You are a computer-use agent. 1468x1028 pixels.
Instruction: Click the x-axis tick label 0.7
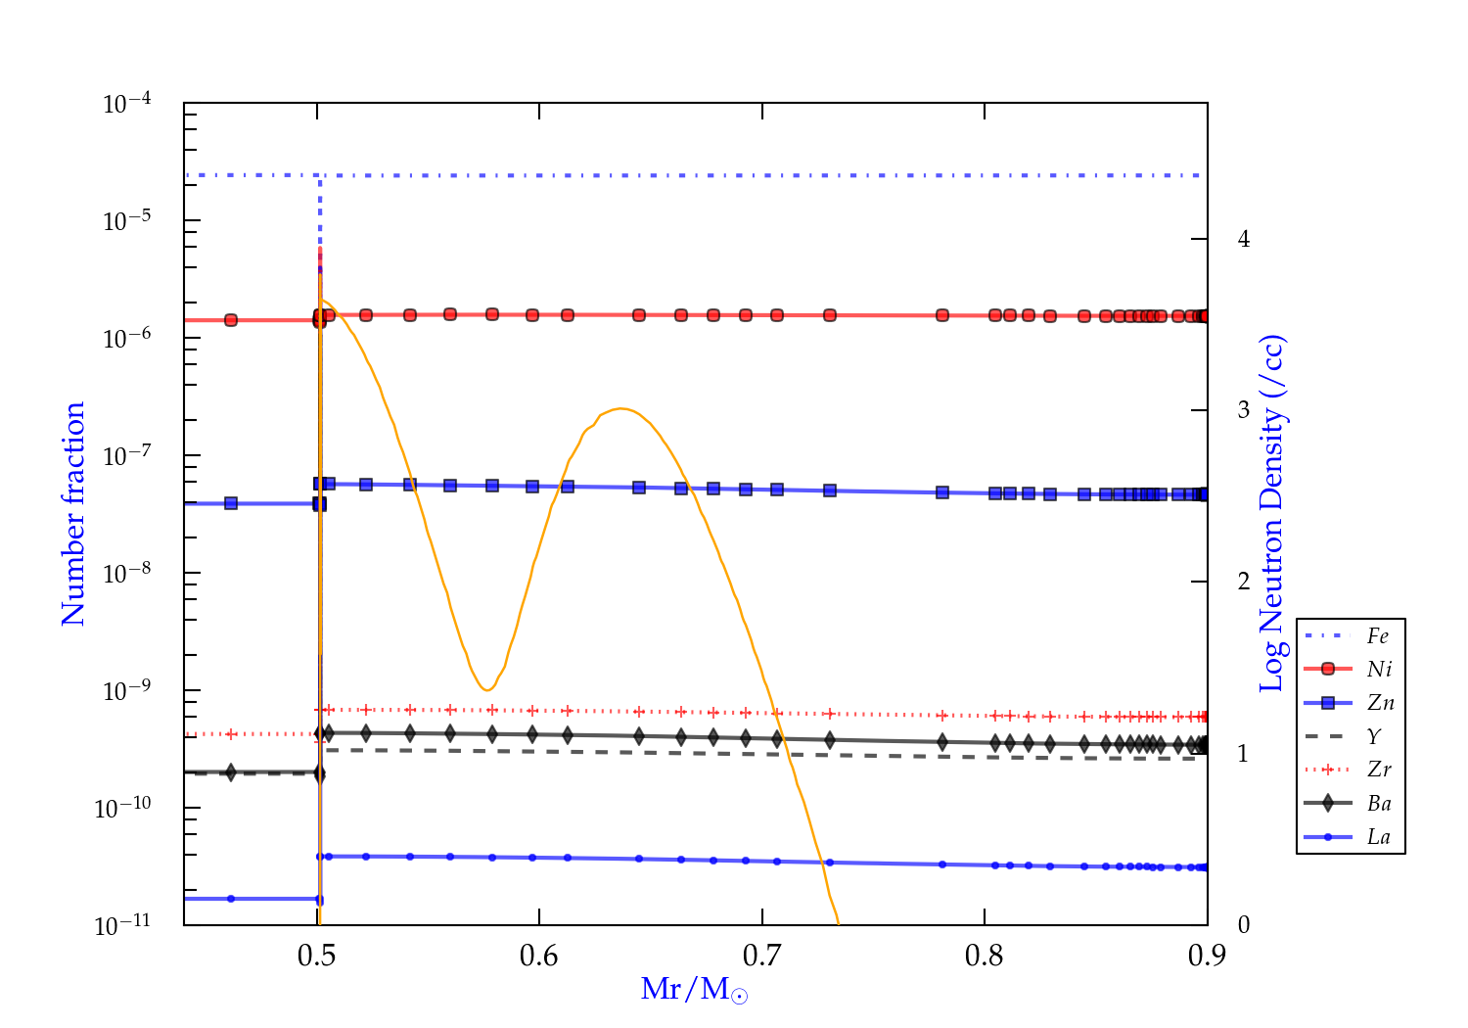coord(762,956)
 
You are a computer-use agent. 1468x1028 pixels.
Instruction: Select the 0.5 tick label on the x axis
coord(317,956)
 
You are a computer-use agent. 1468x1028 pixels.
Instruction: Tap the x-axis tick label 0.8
coord(985,956)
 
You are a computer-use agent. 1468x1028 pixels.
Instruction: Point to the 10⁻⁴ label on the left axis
coord(127,103)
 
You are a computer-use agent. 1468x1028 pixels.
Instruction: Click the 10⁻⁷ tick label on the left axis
coord(127,455)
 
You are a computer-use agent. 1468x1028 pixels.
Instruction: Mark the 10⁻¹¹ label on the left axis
coord(123,925)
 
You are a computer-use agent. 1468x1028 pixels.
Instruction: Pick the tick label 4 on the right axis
coord(1244,239)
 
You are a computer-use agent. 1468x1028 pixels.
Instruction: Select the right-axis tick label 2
coord(1244,582)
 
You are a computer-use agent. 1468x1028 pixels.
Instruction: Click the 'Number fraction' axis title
coord(74,514)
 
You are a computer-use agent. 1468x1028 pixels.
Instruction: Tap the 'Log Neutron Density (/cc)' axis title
coord(1272,514)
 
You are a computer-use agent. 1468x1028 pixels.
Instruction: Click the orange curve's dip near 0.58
coord(486,690)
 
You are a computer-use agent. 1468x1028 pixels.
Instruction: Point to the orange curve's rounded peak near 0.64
coord(620,408)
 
